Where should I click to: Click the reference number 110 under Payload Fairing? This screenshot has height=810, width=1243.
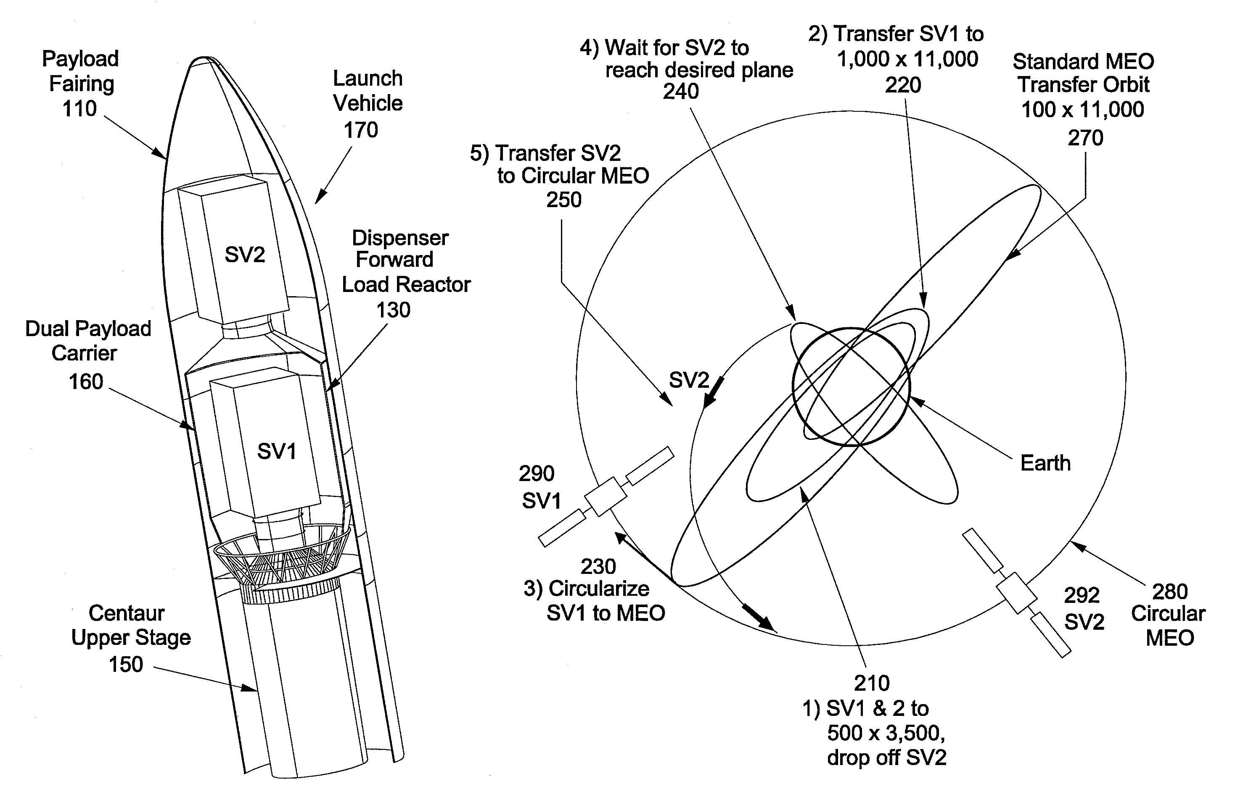point(79,108)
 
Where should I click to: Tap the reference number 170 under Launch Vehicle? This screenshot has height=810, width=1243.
point(360,130)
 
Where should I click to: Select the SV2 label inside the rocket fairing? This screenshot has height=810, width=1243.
point(245,255)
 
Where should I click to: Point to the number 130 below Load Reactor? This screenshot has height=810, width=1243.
point(393,310)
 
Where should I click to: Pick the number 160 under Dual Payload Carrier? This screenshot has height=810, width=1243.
point(86,381)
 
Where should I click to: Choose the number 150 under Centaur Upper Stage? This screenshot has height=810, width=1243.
point(126,664)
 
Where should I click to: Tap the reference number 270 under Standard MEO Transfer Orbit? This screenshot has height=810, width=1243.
point(1085,138)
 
